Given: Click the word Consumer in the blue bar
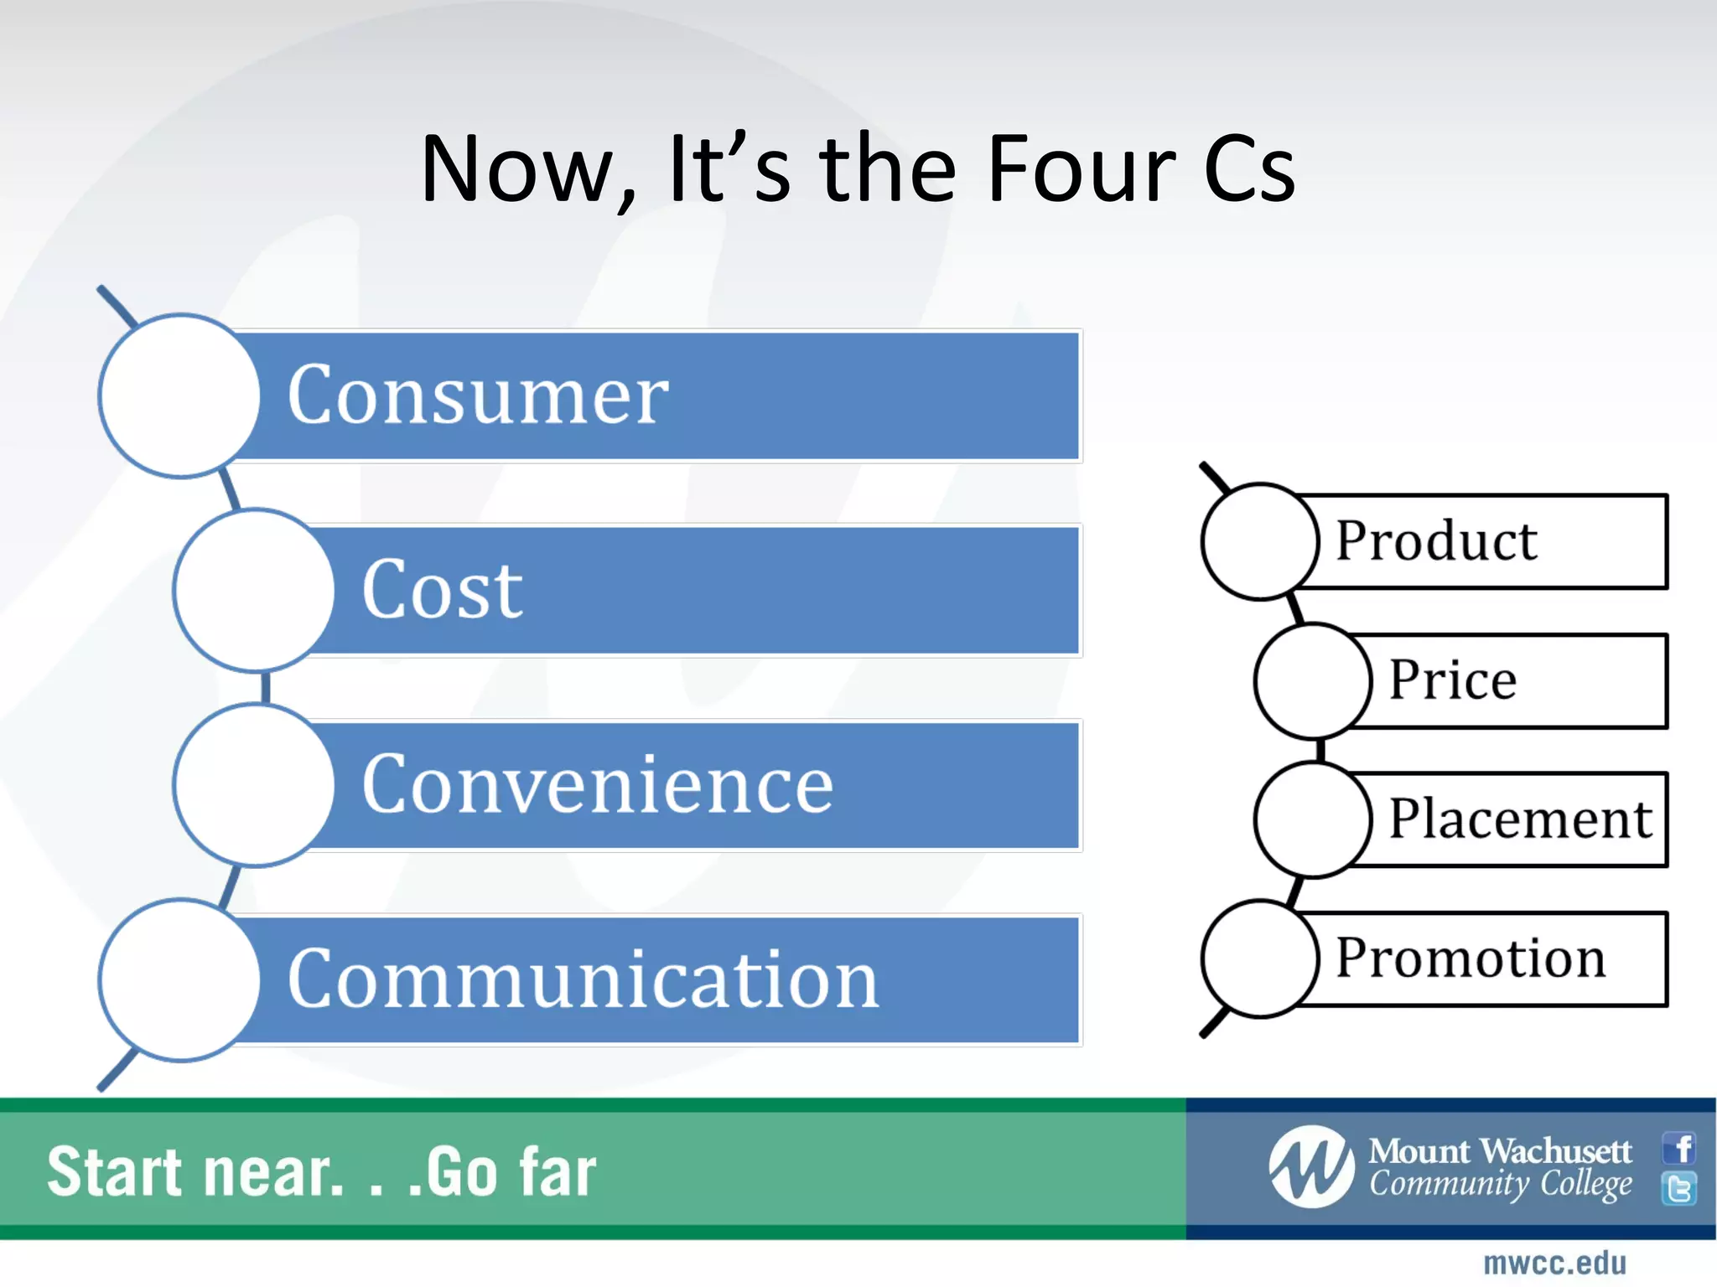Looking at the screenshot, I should tap(478, 395).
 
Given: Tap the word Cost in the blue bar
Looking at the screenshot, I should tap(442, 590).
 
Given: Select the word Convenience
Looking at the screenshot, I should tap(598, 784).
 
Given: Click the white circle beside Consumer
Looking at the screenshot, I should tap(179, 395).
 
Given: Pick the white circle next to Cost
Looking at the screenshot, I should tap(254, 590).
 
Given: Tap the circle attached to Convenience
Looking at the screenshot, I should tap(254, 785).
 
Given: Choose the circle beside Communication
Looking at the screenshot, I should tap(179, 979).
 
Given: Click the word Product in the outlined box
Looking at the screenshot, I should tap(1436, 540).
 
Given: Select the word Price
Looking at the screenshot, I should tap(1453, 680).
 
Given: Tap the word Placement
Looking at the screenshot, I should tap(1520, 819).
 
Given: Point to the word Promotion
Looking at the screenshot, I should tap(1471, 958).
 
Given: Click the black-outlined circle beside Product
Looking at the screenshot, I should tap(1259, 541).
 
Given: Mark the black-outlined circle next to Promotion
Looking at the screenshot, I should tap(1259, 959).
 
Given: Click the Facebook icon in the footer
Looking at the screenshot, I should tap(1679, 1148).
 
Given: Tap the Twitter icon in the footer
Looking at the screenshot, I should tap(1679, 1188).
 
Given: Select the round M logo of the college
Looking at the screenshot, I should tap(1311, 1167).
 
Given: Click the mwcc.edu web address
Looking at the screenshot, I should tap(1554, 1264).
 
